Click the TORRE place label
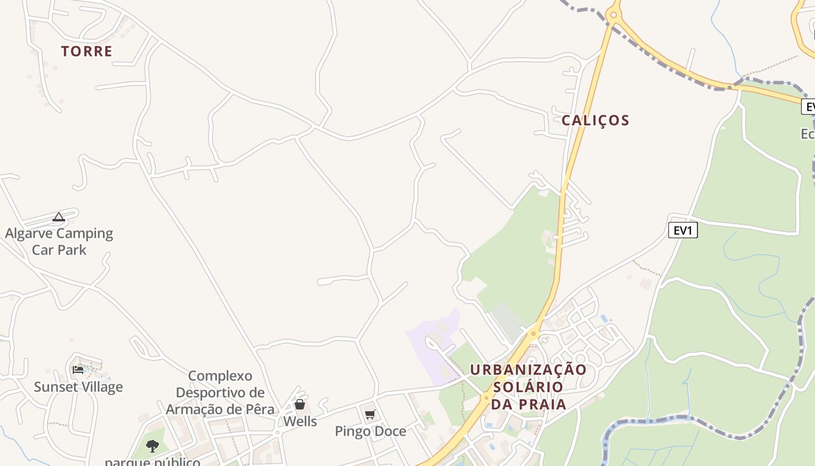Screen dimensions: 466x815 tap(87, 51)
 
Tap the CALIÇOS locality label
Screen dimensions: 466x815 tap(596, 121)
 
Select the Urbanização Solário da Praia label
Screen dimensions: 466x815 tap(529, 387)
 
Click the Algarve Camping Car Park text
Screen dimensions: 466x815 tap(59, 242)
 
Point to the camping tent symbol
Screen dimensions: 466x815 tap(59, 217)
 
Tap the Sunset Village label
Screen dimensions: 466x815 tap(78, 387)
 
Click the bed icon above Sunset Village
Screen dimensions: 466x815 tap(78, 370)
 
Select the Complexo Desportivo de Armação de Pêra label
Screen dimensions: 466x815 tap(220, 393)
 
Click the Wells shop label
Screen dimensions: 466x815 tap(300, 421)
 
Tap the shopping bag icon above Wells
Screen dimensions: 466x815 tap(300, 404)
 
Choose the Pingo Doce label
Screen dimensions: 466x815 tap(370, 432)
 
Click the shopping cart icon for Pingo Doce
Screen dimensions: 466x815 tap(370, 415)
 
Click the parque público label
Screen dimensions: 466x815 tap(153, 462)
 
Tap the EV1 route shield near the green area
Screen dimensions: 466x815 tap(682, 231)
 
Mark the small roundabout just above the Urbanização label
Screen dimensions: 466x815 tap(533, 334)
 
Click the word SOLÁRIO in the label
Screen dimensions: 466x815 tap(528, 387)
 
